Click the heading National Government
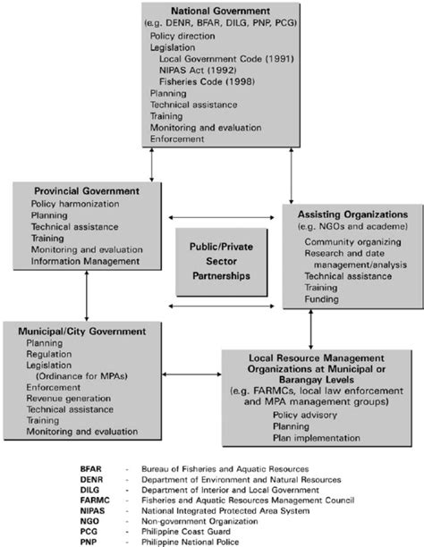pos(220,11)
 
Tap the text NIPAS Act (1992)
pos(198,70)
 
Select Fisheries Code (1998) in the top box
pos(207,81)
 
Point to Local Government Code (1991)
pos(226,59)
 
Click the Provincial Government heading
pos(87,190)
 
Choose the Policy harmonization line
pos(75,204)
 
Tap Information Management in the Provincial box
pos(85,261)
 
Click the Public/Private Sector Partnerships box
pos(222,262)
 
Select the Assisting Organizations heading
pos(352,215)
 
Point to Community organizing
pos(352,241)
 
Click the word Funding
pos(321,299)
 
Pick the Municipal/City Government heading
pos(82,331)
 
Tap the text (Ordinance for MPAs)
pos(81,376)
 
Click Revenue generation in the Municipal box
pos(69,398)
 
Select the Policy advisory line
pos(304,415)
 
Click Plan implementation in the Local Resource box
pos(316,438)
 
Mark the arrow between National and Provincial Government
pos(151,164)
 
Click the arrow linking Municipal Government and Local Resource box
pos(191,374)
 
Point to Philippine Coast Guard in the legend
pos(186,531)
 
